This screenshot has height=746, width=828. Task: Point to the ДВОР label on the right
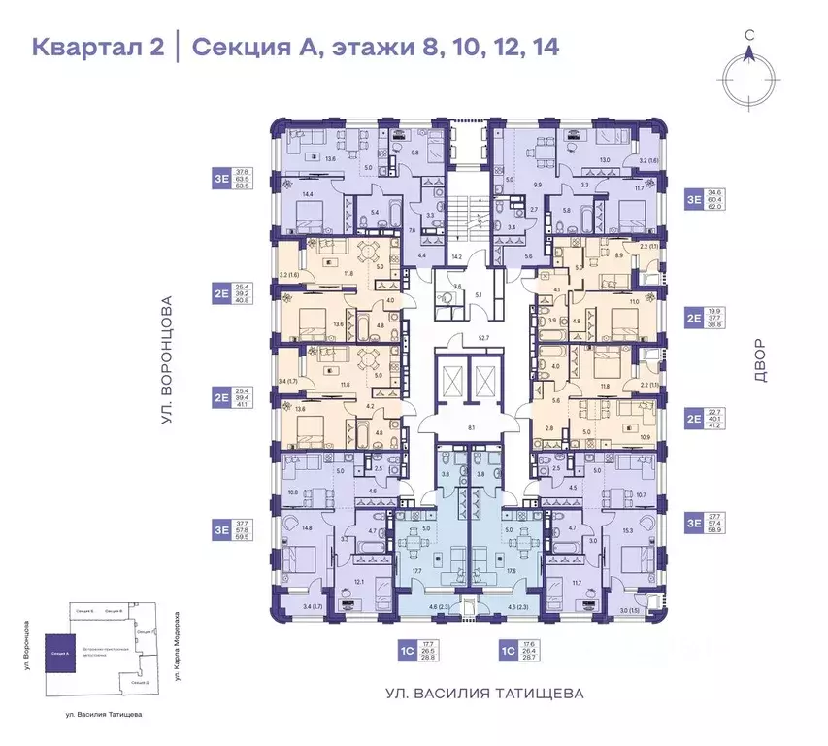tap(759, 360)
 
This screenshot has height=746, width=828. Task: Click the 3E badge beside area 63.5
tap(222, 179)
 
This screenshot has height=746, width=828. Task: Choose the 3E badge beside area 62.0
tap(695, 200)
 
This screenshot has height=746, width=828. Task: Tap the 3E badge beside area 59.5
tap(222, 528)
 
